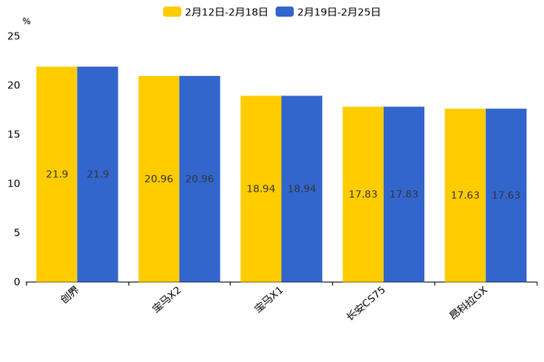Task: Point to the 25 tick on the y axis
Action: pos(14,36)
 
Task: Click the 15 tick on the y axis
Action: pos(14,134)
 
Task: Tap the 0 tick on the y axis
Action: pos(17,282)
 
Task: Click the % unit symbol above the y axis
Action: pos(26,21)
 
